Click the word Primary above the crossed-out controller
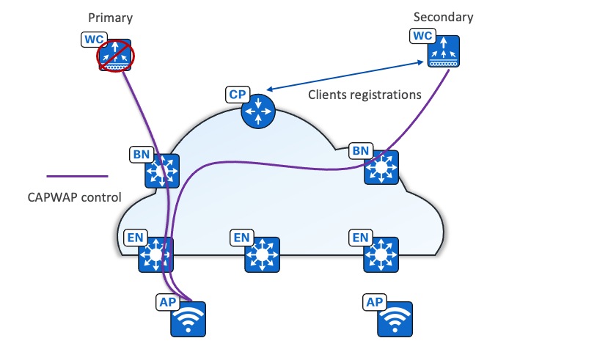(x=110, y=17)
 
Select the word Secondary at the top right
(x=444, y=17)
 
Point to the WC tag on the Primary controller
(x=92, y=37)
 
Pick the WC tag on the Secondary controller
(x=423, y=34)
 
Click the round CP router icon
(x=257, y=111)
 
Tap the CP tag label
(x=238, y=94)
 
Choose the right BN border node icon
(x=381, y=168)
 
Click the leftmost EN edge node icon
(x=155, y=254)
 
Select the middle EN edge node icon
(x=261, y=254)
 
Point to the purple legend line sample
(x=77, y=176)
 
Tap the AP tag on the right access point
(x=374, y=301)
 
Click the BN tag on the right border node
(x=361, y=150)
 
